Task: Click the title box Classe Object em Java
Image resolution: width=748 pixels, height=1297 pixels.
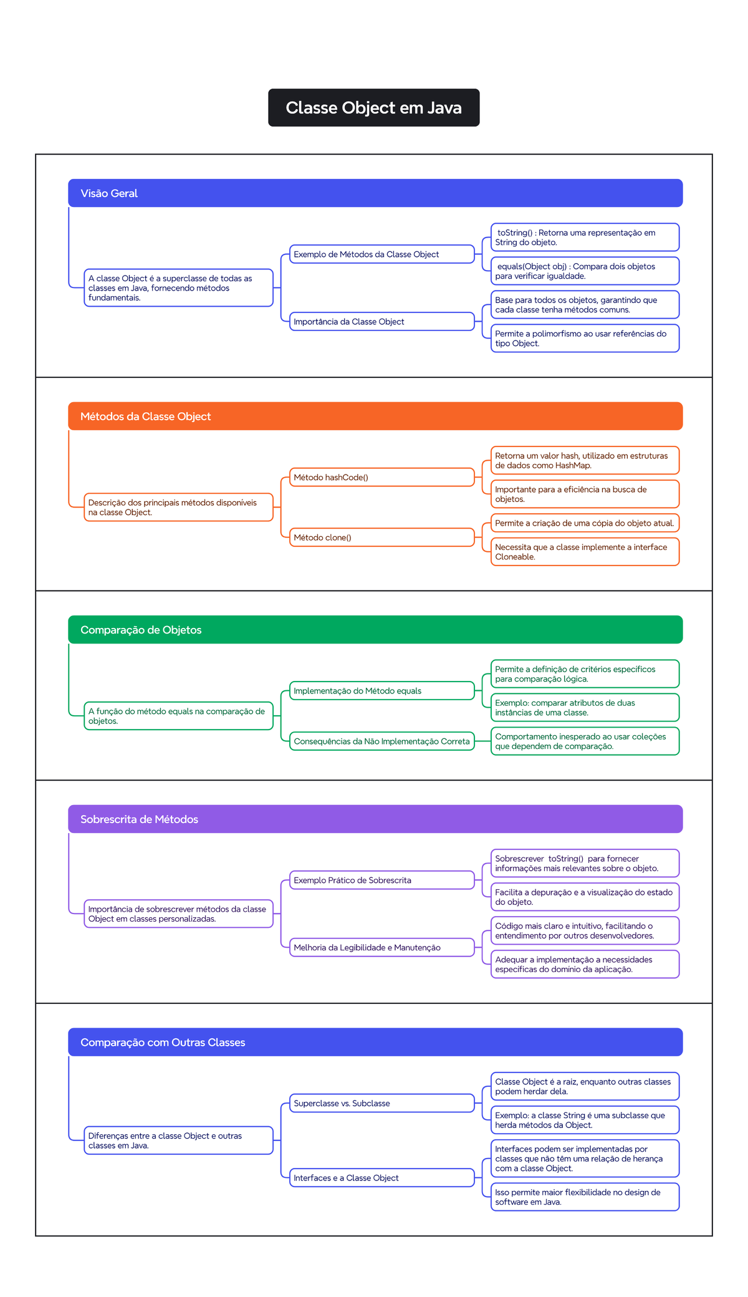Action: click(x=373, y=108)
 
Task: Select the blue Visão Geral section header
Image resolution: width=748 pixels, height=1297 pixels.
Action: click(x=375, y=193)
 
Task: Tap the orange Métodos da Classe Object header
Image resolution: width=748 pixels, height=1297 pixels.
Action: click(x=375, y=416)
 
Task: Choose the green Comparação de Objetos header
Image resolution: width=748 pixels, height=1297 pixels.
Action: click(x=375, y=630)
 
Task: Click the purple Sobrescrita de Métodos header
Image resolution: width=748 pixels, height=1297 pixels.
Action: click(x=375, y=819)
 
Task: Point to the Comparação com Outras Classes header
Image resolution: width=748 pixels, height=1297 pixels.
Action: click(x=375, y=1042)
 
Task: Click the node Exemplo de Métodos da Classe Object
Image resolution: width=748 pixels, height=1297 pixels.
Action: click(x=381, y=254)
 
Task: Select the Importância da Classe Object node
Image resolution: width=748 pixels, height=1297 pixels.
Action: click(x=381, y=322)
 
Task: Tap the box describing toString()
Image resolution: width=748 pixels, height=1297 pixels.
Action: click(x=585, y=238)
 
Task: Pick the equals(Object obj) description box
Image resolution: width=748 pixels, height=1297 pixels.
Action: click(x=585, y=271)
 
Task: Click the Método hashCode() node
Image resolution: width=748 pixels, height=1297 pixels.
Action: click(x=381, y=478)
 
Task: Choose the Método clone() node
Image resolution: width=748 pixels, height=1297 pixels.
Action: click(x=381, y=538)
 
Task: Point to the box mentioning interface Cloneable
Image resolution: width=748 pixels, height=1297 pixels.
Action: click(x=585, y=552)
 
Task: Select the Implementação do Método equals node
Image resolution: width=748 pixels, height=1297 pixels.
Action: click(x=381, y=691)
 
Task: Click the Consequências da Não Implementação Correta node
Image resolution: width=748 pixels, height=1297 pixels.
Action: click(x=381, y=741)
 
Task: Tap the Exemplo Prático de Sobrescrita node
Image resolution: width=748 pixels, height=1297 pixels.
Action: click(x=381, y=880)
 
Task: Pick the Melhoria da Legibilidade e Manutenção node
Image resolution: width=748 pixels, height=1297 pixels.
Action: click(x=381, y=948)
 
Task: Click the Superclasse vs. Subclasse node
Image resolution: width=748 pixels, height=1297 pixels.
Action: click(x=381, y=1103)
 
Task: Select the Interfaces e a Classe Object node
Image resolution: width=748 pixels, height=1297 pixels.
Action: click(x=381, y=1178)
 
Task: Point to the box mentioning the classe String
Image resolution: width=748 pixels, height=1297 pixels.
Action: click(x=585, y=1120)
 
